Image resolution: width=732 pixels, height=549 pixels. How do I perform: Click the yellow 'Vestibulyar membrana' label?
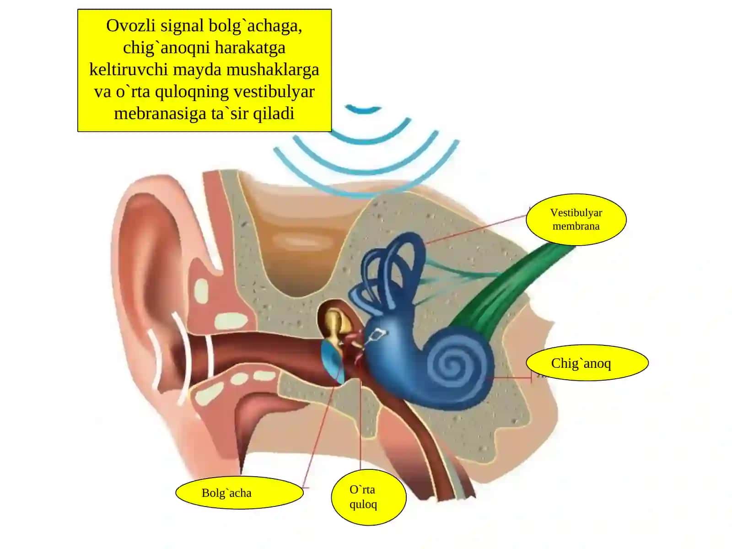coord(576,219)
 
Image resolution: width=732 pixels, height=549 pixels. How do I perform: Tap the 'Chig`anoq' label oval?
coord(587,363)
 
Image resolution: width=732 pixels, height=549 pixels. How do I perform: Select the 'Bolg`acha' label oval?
coord(239,493)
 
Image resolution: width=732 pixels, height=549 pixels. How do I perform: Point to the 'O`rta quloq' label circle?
coord(368,497)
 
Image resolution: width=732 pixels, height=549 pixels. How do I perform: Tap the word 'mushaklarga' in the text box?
coord(273,70)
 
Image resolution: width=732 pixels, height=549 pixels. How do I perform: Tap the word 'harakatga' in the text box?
coord(250,48)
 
